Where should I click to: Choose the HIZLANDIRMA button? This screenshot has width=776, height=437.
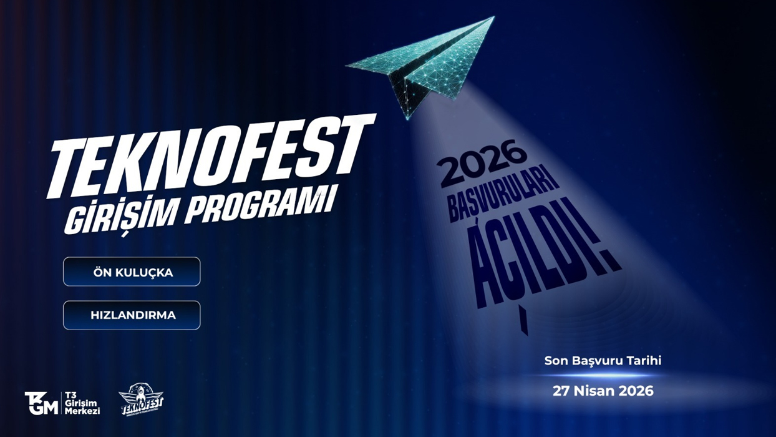point(132,315)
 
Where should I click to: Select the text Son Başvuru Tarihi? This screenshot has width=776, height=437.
point(603,361)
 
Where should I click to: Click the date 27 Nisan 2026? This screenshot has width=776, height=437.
point(603,391)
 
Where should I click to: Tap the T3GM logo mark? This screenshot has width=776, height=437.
point(41,403)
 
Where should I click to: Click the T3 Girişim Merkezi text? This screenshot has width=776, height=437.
point(82,403)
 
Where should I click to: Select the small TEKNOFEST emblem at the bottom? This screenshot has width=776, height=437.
point(142,400)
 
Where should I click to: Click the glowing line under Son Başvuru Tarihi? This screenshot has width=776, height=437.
point(603,376)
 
